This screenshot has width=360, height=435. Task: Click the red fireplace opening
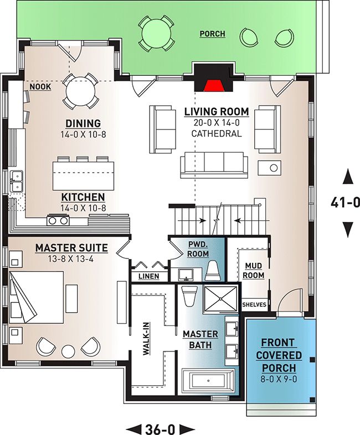[x=214, y=86]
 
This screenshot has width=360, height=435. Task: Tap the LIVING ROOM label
[x=217, y=112]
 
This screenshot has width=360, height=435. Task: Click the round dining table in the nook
[x=80, y=91]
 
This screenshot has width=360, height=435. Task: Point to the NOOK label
[x=40, y=87]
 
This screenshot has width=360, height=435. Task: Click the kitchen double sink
[x=17, y=181]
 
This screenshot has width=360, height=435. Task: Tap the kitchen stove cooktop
[x=58, y=220]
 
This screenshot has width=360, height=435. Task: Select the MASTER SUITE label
[x=71, y=248]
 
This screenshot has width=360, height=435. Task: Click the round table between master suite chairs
[x=68, y=351]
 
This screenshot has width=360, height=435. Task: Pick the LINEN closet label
[x=149, y=276]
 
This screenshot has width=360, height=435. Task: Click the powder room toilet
[x=213, y=271]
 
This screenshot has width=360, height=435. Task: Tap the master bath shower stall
[x=220, y=299]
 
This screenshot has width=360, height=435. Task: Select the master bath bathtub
[x=209, y=381]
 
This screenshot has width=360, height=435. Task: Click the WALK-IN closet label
[x=146, y=339]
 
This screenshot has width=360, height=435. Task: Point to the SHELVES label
[x=254, y=304]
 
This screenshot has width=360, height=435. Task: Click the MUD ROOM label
[x=254, y=271]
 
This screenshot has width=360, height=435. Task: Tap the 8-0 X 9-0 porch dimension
[x=279, y=379]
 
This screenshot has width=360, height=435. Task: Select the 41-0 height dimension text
[x=345, y=203]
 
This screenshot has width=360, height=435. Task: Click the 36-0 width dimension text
[x=160, y=429]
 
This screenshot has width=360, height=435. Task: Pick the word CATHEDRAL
[x=217, y=133]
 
